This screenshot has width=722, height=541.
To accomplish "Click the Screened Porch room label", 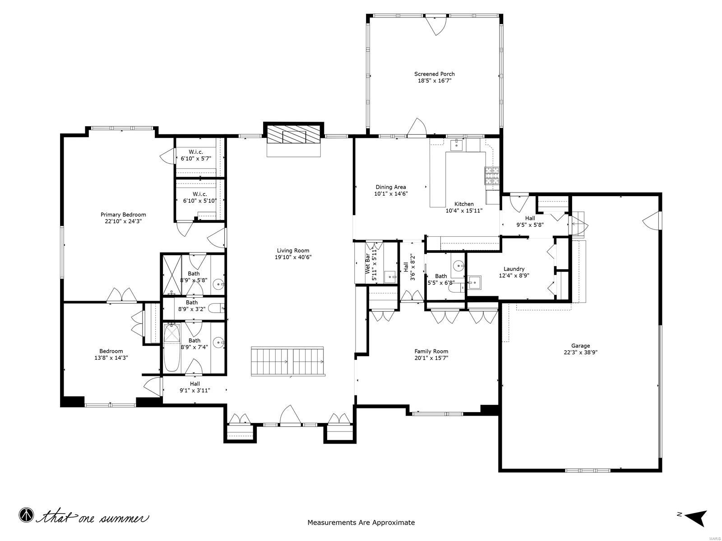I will tap(434, 74).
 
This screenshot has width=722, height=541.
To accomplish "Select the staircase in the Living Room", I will tap(287, 361).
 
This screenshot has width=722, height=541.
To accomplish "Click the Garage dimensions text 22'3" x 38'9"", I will tap(580, 353).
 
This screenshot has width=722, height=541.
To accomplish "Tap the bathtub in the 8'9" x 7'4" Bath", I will tap(171, 348).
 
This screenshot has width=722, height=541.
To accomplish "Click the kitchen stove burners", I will tap(492, 175).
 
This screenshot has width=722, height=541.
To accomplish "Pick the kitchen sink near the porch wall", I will tap(457, 144).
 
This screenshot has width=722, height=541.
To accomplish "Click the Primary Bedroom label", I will tap(123, 215).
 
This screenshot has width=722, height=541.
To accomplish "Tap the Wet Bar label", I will tap(367, 264).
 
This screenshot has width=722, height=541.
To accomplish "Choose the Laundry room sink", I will tap(474, 283).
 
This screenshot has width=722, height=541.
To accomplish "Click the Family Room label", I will tap(431, 351).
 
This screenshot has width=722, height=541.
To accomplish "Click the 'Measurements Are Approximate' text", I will tap(361, 523).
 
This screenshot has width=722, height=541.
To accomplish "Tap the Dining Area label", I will tap(391, 187).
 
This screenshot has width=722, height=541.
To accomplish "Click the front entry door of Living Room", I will tap(290, 416).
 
